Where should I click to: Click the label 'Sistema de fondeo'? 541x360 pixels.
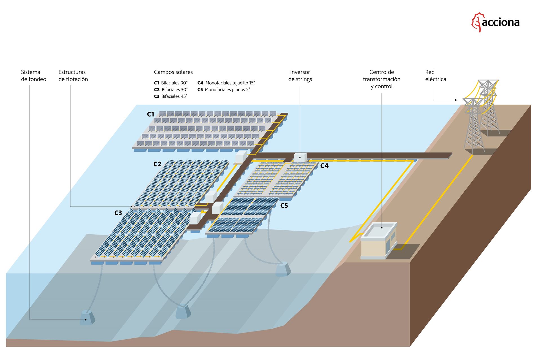(x=34, y=76)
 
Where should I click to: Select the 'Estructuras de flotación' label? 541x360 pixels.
(x=73, y=76)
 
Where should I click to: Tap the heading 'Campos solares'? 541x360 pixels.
(x=173, y=72)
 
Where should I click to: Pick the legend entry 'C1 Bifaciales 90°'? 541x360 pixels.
(x=170, y=83)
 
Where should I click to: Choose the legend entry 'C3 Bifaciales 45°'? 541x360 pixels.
(x=170, y=96)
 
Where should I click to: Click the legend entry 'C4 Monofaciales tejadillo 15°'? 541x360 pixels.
(x=226, y=83)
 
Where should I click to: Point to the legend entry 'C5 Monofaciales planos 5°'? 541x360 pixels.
(x=223, y=90)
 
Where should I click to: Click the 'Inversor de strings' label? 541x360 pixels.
(x=300, y=76)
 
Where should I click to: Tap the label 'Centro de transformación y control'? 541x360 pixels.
(x=382, y=79)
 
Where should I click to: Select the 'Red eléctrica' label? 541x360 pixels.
(x=435, y=76)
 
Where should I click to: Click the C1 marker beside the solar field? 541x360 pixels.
(x=150, y=114)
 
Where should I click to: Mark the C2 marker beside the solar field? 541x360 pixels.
(x=157, y=164)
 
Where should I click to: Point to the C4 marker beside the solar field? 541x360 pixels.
(x=324, y=166)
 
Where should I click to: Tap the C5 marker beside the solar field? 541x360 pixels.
(x=284, y=206)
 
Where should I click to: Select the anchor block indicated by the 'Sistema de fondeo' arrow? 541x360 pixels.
(x=87, y=318)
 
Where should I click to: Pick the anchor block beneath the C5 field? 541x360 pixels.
(x=283, y=269)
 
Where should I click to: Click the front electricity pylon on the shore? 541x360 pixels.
(x=474, y=127)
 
